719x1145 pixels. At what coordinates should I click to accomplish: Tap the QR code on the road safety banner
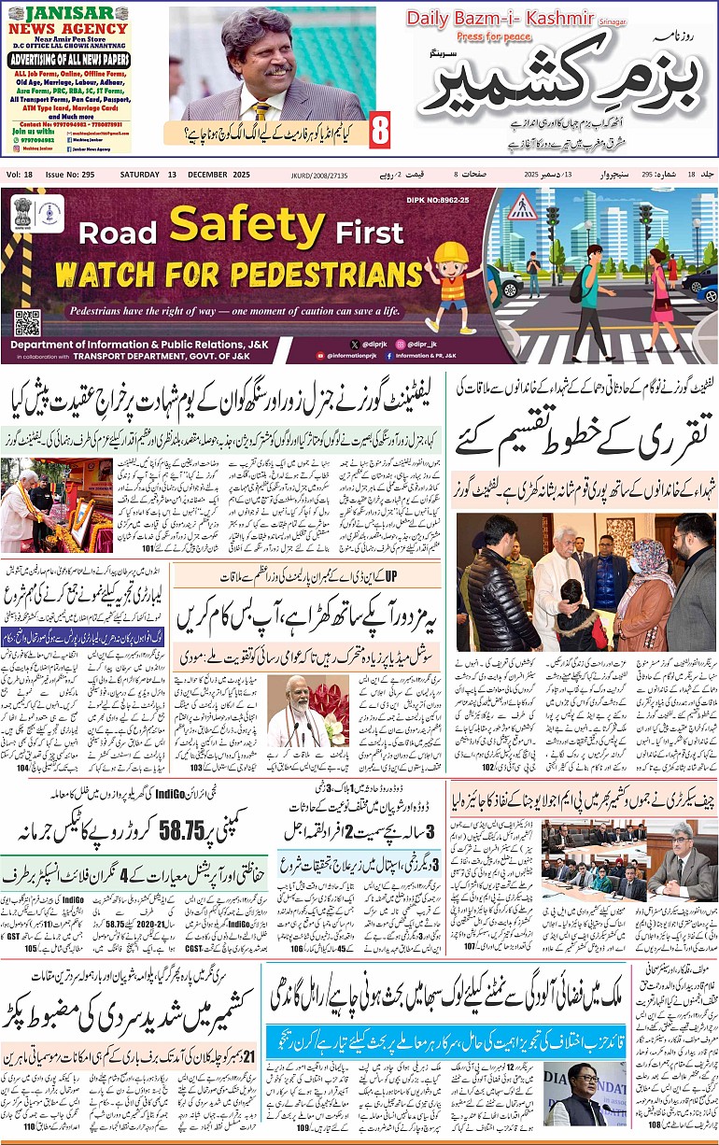click(x=26, y=322)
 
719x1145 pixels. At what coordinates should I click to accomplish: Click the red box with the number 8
click(x=379, y=130)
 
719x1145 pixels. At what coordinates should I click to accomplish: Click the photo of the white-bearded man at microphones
click(x=294, y=711)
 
